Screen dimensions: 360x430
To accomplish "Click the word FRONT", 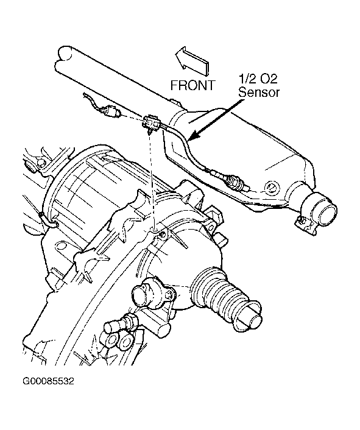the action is [192, 85].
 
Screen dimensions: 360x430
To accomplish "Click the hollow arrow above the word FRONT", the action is [192, 61].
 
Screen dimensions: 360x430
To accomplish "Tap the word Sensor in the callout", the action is [259, 92].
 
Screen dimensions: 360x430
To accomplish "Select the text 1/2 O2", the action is [258, 79].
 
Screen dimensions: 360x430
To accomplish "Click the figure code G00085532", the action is [48, 381].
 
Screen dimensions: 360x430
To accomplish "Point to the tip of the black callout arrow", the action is [189, 140].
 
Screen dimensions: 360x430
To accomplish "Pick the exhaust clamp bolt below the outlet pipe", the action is [301, 220].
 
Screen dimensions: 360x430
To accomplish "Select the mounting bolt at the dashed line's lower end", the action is [163, 233].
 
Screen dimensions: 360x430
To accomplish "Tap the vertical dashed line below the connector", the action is [152, 181].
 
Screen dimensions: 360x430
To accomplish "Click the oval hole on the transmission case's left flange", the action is [62, 245].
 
